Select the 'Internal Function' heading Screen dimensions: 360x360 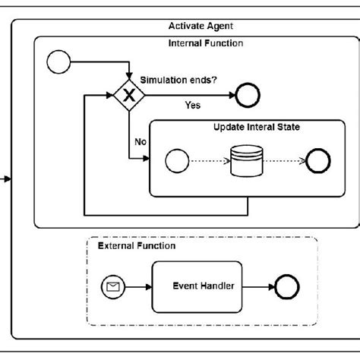pos(205,43)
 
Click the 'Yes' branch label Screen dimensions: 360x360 pos(193,105)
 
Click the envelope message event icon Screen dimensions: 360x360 pos(112,286)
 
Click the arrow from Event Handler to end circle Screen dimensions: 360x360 pos(258,286)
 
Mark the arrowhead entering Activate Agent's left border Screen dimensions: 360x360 pos(8,179)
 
